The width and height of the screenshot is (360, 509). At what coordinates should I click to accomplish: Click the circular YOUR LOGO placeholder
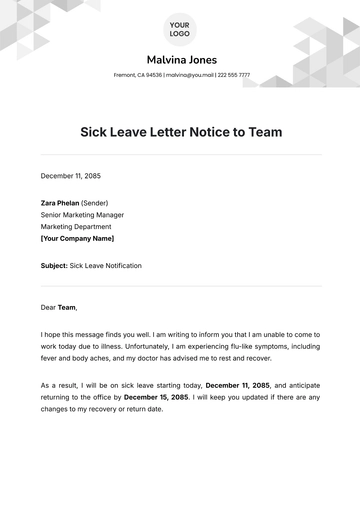pos(180,27)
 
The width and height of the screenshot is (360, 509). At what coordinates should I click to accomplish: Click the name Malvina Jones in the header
pos(180,59)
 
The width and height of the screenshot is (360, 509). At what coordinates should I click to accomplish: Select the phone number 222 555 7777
pos(234,75)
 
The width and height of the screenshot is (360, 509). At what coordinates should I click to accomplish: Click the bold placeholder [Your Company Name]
pos(77,239)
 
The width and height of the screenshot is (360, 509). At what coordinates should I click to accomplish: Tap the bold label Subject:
pos(54,266)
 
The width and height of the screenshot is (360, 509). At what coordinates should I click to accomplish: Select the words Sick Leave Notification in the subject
pos(106,266)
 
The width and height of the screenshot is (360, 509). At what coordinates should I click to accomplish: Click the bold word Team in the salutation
pos(66,308)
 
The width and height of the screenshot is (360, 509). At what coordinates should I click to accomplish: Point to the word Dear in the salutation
pos(48,308)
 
